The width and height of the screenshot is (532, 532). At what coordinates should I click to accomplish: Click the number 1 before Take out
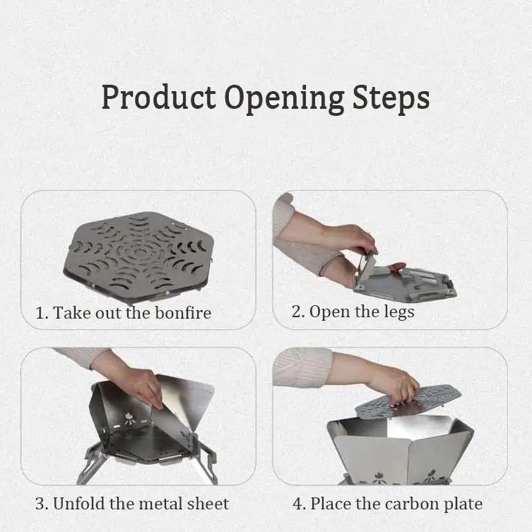pos(40,313)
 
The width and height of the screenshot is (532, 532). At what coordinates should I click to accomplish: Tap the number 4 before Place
pos(297,503)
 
